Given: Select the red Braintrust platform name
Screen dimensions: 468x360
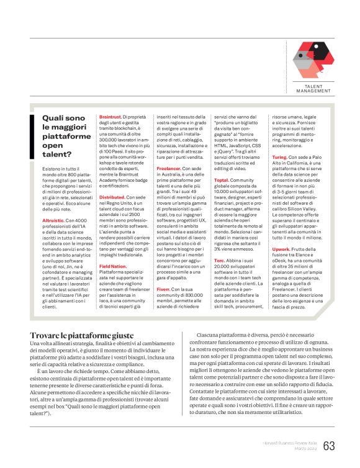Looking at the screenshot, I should (x=110, y=116).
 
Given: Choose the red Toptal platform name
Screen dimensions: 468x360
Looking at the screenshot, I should (x=222, y=181).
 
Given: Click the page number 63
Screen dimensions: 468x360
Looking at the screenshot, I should (x=329, y=446).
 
